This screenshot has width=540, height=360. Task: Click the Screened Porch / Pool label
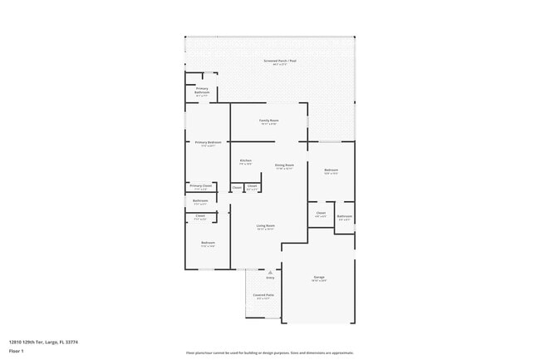pos(270,62)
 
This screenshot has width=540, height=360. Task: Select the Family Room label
pos(269,121)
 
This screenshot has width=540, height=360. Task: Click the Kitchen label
pos(246,161)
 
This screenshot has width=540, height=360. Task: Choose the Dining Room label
pos(284,165)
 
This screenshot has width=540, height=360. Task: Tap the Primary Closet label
pos(201,186)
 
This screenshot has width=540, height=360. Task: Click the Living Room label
pos(265,226)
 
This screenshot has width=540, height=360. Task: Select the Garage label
pos(319,277)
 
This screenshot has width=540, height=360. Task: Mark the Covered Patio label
pos(263,295)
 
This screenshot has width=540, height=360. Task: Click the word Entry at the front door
pos(269,278)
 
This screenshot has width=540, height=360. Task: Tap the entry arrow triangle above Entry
pos(269,271)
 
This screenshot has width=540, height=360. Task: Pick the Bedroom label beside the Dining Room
pos(331,170)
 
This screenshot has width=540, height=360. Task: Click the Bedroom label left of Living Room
pos(207,243)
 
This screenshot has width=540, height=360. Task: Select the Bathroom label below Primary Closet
pos(200,200)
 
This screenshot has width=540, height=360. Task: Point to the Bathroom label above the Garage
pos(344,217)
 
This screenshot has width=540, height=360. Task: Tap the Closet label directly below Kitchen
pos(237,187)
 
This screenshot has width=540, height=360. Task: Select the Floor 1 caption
pos(17,351)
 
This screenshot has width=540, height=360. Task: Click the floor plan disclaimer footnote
pos(270,353)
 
